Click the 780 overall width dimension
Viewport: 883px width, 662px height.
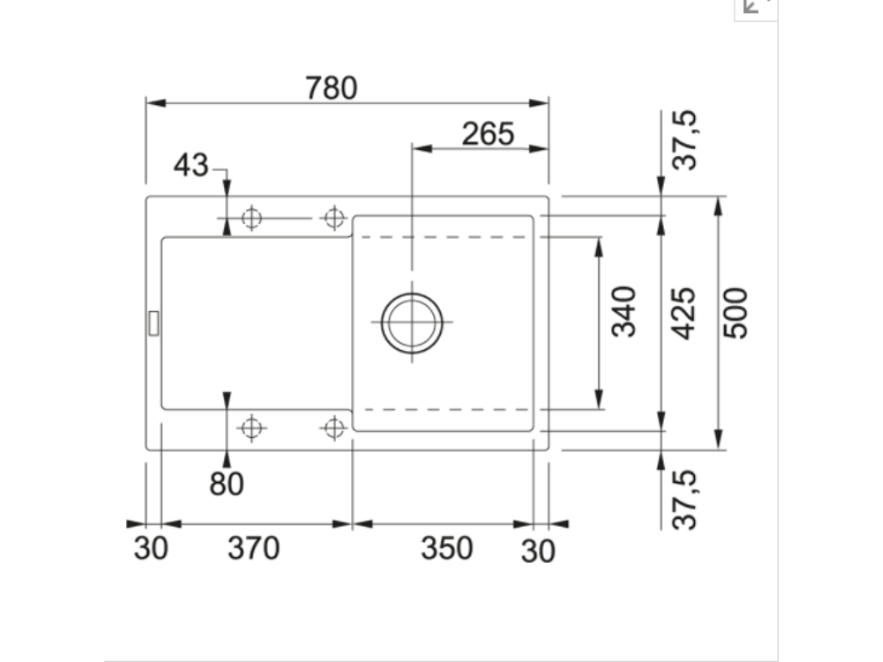coord(331,88)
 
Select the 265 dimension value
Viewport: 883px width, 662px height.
coord(488,134)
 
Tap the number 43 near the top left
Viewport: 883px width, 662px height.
coord(191,165)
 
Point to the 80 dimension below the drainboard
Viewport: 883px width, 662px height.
coord(227,484)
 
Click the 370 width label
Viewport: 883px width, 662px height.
coord(254,548)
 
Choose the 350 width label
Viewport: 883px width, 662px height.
coord(447,548)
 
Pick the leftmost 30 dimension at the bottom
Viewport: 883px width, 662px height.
coord(151,549)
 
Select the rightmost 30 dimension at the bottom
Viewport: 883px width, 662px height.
coord(538,552)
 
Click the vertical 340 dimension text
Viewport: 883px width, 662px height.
coord(623,311)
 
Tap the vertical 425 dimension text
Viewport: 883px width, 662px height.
coord(683,312)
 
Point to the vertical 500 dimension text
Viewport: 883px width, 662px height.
coord(736,312)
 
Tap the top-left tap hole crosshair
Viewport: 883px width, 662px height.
coord(251,218)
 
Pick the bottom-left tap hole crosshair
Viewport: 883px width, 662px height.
coord(251,427)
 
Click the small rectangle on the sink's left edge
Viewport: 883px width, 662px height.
coord(153,322)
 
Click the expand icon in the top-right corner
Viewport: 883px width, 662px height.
coord(755,7)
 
